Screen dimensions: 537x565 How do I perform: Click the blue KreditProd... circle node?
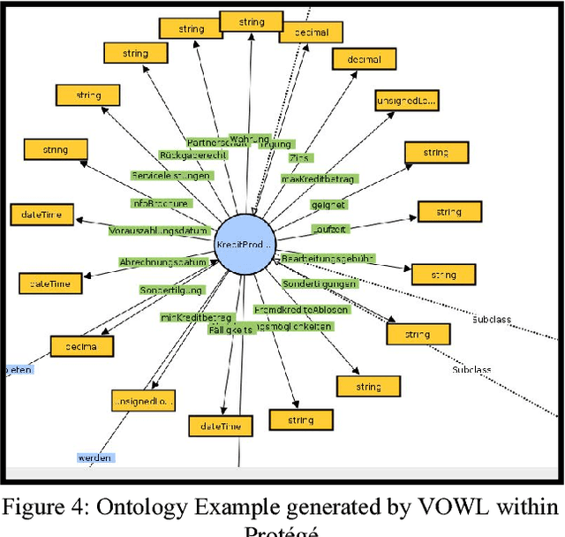point(246,244)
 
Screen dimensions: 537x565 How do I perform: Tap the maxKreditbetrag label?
point(318,179)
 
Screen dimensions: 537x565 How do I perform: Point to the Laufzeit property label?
point(329,229)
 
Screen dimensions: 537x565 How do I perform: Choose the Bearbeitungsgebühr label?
point(328,258)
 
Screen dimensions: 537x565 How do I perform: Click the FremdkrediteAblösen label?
point(301,310)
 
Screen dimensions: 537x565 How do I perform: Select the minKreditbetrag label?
point(196,317)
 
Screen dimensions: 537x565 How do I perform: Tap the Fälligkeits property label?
point(230,329)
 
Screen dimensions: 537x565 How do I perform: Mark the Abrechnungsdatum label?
point(163,262)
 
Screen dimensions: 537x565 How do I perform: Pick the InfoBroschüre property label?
point(160,203)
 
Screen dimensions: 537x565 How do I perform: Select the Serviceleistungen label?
point(170,176)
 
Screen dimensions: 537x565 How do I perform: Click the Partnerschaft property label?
point(214,142)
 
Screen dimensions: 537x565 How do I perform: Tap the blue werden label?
point(94,458)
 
